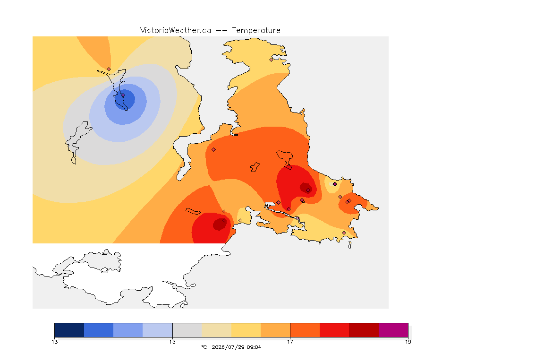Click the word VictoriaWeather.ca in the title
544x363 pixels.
click(176, 30)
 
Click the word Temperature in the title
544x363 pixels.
click(256, 30)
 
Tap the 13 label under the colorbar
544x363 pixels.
click(54, 342)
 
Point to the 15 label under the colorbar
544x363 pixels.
click(172, 342)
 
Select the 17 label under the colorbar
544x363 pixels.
click(290, 342)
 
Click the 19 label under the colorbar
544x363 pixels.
click(408, 342)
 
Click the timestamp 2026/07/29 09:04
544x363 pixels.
click(236, 347)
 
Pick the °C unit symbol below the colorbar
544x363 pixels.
click(204, 347)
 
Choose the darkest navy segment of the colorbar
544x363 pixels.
click(69, 330)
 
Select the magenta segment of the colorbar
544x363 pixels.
click(393, 330)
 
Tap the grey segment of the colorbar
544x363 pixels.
click(187, 330)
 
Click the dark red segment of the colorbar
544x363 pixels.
click(364, 330)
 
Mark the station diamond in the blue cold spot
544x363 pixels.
click(123, 95)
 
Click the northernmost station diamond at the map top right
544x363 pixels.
click(272, 60)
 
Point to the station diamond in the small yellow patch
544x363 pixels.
click(334, 184)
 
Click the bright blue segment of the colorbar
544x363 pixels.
click(99, 330)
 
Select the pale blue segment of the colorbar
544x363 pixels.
click(158, 330)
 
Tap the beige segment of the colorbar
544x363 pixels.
click(216, 330)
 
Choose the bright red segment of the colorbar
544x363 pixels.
click(334, 330)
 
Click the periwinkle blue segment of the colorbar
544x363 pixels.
click(128, 330)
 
